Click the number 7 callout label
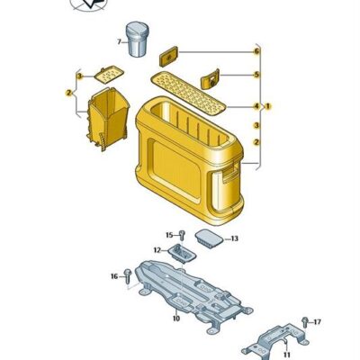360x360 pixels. (x=119, y=42)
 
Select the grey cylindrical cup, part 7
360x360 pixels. (x=137, y=39)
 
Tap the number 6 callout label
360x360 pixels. (x=256, y=51)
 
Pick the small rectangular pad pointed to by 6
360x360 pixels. (x=168, y=57)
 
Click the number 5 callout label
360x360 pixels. (x=256, y=75)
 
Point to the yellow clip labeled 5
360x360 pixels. (x=210, y=79)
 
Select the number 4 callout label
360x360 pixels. (x=256, y=106)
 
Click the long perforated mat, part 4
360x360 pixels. (x=188, y=94)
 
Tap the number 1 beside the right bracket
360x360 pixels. (x=268, y=106)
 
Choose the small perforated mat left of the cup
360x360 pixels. (x=109, y=75)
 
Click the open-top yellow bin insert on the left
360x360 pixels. (x=108, y=119)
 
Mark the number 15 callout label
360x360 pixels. (x=169, y=235)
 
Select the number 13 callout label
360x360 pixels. (x=234, y=238)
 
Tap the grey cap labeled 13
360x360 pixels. (x=209, y=239)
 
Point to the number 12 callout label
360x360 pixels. (x=157, y=250)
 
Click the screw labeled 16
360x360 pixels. (x=128, y=275)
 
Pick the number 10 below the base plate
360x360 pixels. (x=176, y=319)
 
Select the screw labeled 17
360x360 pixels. (x=305, y=322)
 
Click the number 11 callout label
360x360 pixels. (x=287, y=355)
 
